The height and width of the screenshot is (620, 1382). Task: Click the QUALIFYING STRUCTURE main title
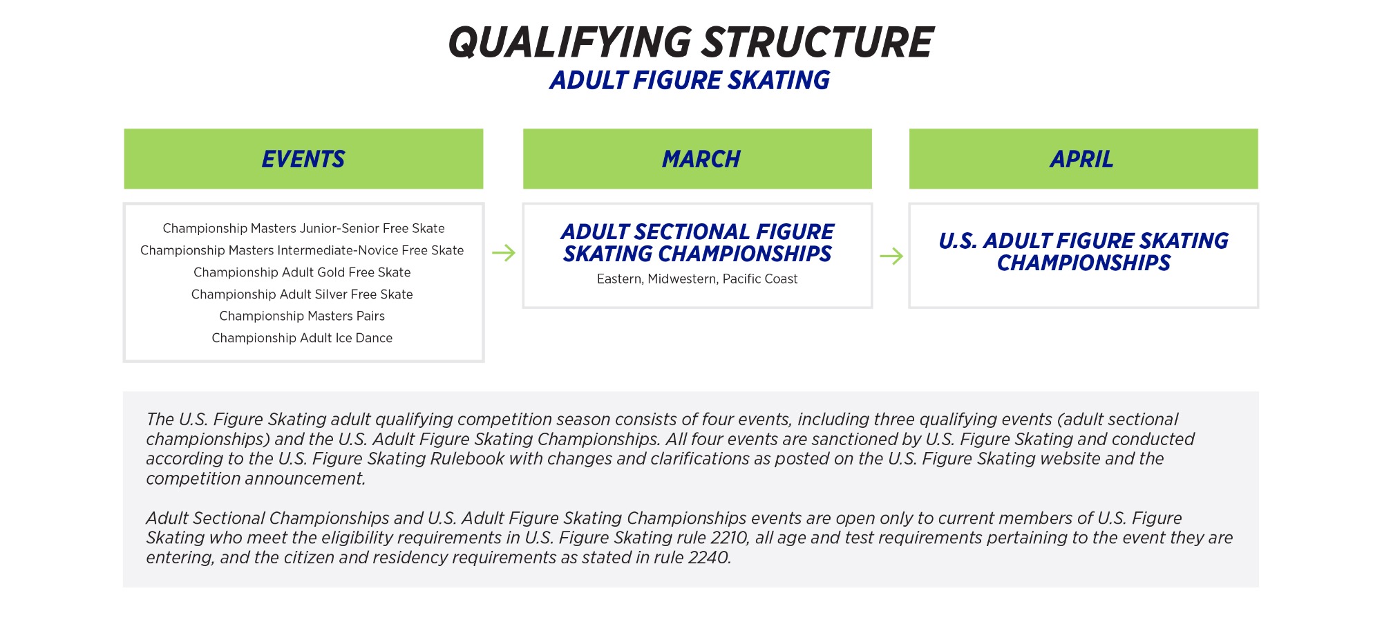coord(691,42)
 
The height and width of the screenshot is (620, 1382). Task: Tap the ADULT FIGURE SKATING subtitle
coord(690,81)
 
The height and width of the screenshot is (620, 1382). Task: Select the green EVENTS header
coord(303,159)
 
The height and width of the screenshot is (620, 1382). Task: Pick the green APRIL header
coord(1082,159)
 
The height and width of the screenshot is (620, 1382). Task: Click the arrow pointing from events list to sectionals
coord(504,253)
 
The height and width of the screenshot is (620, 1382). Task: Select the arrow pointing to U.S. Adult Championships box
coord(891,256)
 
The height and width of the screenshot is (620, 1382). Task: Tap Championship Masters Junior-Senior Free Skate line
coord(303,228)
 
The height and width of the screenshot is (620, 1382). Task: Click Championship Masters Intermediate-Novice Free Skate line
coord(302,250)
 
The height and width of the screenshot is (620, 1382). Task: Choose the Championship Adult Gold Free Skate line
coord(302,272)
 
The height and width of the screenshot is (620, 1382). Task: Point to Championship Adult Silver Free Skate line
coord(302,294)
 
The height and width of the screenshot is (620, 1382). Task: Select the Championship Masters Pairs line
coord(302,316)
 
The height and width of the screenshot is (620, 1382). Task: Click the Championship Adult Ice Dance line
coord(302,338)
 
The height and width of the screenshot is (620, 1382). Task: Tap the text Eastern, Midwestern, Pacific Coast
coord(697,279)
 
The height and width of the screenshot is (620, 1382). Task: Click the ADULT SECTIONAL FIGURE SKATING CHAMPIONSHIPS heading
coord(697,243)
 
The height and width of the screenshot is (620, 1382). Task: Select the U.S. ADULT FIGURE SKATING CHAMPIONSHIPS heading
coord(1083,252)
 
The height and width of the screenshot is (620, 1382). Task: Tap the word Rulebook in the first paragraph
coord(466,459)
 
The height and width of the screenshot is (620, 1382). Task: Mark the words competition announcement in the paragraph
coord(255,479)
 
